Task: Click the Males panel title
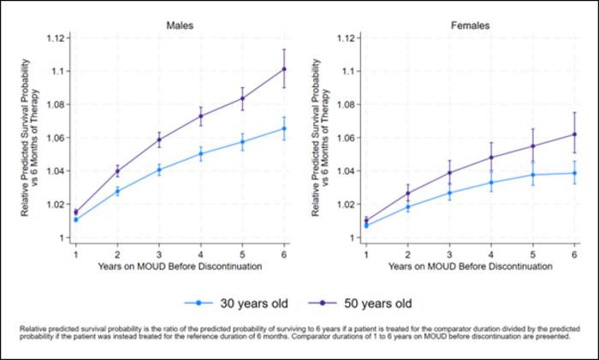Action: [179, 26]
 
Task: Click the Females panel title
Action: [471, 26]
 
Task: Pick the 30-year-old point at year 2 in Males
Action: [117, 192]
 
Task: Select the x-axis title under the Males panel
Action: [180, 268]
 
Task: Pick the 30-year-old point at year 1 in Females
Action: [366, 226]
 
